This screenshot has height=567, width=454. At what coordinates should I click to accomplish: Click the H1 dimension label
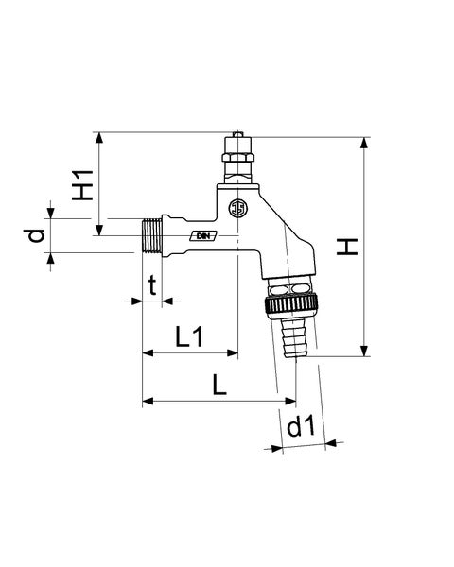83,185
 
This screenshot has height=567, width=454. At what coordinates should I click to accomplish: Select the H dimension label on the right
347,247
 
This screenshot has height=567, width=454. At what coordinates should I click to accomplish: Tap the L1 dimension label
189,336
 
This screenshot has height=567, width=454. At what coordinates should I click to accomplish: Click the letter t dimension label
153,285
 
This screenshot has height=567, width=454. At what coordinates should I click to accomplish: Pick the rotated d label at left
34,235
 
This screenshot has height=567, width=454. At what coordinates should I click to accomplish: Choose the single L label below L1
219,385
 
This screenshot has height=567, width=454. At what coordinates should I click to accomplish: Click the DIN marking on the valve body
203,236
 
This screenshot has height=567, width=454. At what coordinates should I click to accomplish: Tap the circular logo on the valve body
237,208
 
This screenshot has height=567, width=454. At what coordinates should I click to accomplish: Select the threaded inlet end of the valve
150,235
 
